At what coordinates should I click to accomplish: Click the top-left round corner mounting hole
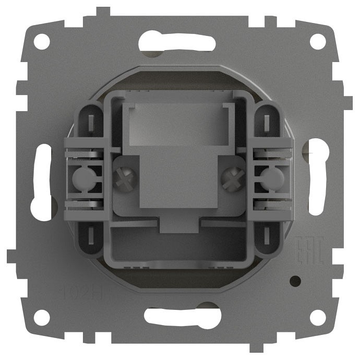click(x=42, y=41)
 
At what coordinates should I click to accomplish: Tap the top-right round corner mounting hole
click(x=318, y=41)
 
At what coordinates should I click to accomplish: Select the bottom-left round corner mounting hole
click(x=42, y=317)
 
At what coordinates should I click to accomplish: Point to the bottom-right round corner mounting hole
click(x=318, y=317)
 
